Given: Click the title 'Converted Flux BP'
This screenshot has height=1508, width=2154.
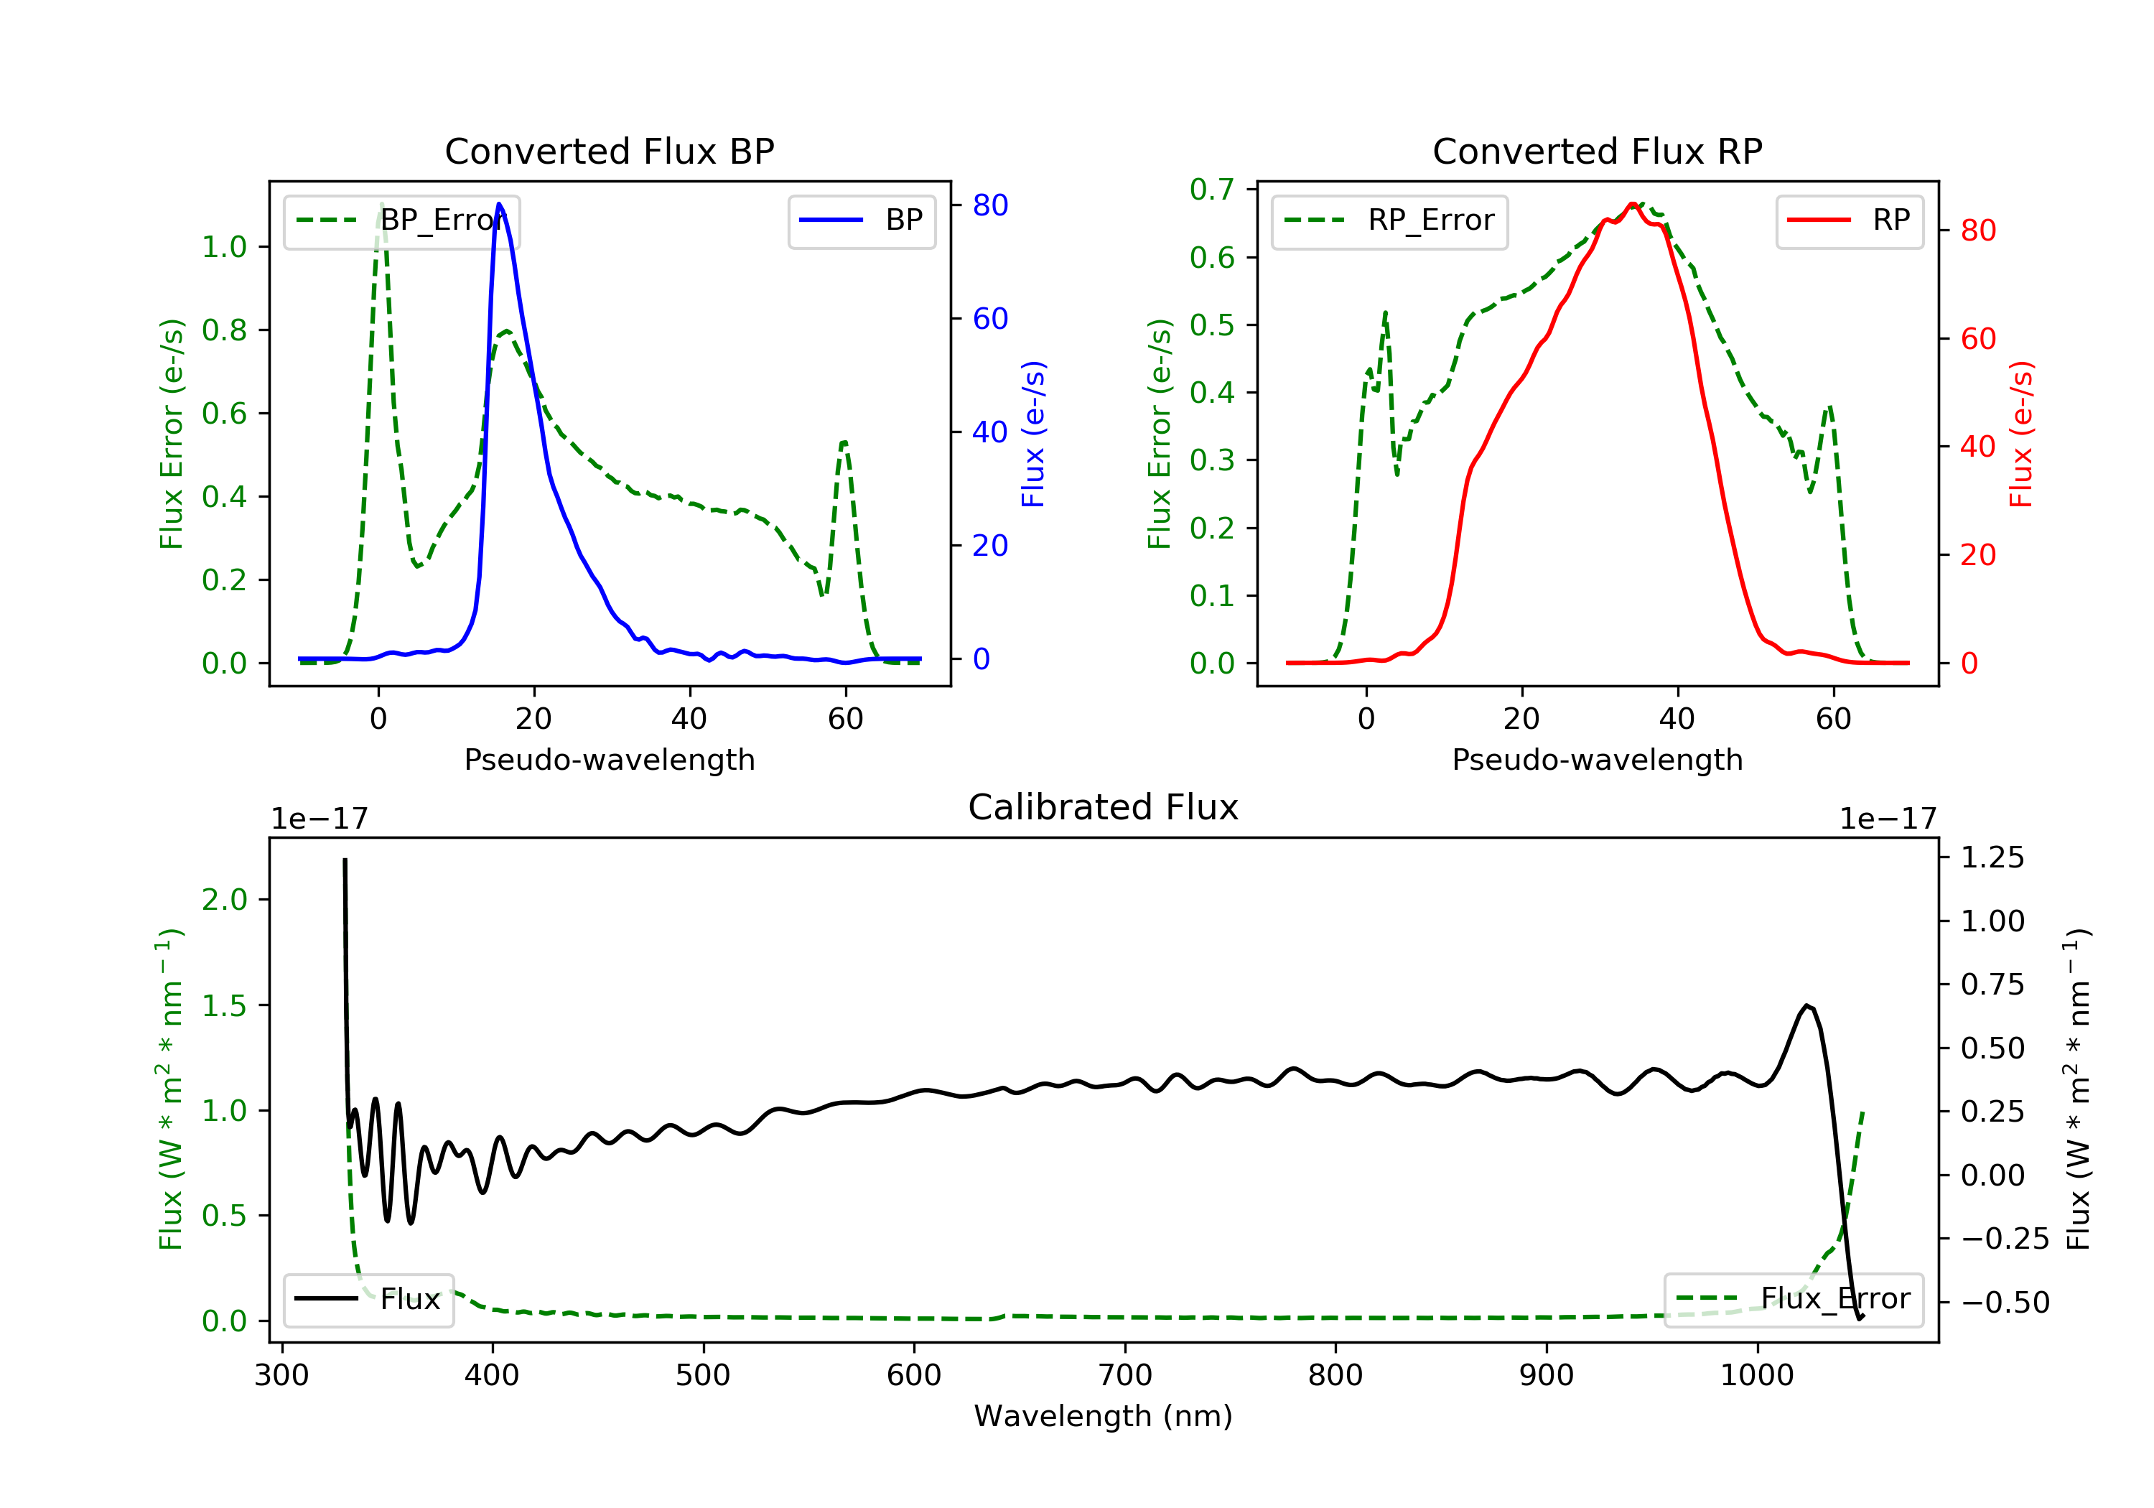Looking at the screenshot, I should pyautogui.click(x=609, y=151).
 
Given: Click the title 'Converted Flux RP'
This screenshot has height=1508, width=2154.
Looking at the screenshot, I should pyautogui.click(x=1597, y=151).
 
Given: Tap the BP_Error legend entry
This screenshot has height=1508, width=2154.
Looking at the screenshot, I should pyautogui.click(x=401, y=220).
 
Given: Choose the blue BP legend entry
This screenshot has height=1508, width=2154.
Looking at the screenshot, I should pyautogui.click(x=861, y=220).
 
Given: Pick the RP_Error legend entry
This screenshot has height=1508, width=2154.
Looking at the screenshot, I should pyautogui.click(x=1389, y=220).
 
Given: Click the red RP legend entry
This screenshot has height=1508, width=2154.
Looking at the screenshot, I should pyautogui.click(x=1849, y=220).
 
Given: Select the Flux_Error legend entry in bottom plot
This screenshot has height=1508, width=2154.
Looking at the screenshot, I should pyautogui.click(x=1793, y=1299).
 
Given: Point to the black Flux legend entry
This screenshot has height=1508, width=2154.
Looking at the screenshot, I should pyautogui.click(x=369, y=1299).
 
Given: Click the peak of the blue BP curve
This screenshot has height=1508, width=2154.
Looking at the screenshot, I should pyautogui.click(x=499, y=204).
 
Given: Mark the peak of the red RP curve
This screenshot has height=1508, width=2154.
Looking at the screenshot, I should pyautogui.click(x=1633, y=204).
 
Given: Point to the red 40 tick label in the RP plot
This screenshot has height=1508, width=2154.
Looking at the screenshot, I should pyautogui.click(x=1977, y=447).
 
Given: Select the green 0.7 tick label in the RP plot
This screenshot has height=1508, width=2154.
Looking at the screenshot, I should pyautogui.click(x=1211, y=190).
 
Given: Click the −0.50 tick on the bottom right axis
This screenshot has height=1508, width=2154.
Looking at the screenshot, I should pyautogui.click(x=2005, y=1303).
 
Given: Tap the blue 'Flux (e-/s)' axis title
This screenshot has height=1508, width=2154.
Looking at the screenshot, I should pyautogui.click(x=1033, y=434).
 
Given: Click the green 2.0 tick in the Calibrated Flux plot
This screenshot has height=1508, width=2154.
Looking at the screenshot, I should pyautogui.click(x=224, y=900).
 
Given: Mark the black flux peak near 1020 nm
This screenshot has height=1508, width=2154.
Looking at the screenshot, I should pyautogui.click(x=1806, y=1006).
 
